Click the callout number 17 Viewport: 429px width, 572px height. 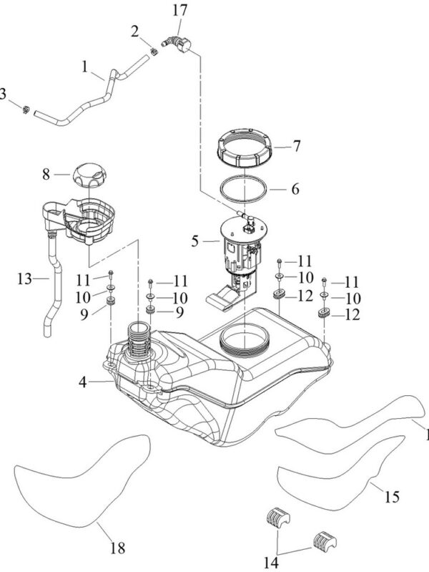[x=180, y=11]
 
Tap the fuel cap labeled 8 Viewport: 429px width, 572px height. [x=88, y=175]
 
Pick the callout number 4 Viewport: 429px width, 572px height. [x=84, y=383]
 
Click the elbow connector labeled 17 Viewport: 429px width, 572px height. [x=177, y=44]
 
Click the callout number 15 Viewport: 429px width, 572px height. [x=393, y=495]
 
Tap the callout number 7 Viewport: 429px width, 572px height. [x=295, y=145]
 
